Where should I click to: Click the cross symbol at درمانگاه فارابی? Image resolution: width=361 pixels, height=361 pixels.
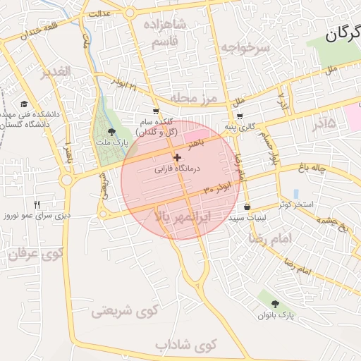[176, 157]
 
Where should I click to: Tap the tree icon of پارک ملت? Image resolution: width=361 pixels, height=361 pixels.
[112, 132]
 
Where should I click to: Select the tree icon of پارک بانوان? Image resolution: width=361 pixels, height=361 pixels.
[275, 303]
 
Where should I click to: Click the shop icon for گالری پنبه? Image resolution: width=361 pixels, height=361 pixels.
[240, 116]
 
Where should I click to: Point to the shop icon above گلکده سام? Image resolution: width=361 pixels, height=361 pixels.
[156, 111]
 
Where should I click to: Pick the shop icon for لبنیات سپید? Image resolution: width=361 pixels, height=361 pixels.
[247, 207]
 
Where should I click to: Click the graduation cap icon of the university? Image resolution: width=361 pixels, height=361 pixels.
[25, 104]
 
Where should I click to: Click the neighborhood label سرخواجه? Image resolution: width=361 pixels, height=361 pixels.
[243, 47]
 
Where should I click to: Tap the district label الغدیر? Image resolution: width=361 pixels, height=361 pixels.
[56, 73]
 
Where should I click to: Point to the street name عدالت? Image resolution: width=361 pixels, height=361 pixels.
[100, 13]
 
